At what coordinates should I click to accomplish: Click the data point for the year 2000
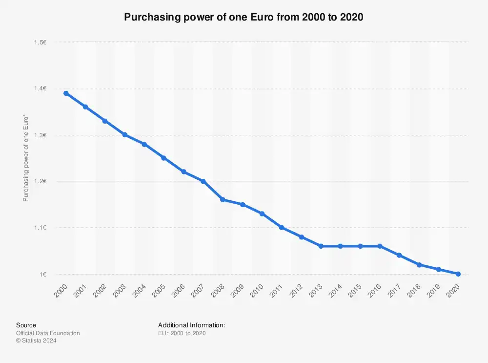click(66, 93)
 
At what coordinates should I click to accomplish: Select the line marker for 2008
click(223, 200)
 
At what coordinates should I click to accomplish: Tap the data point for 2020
click(458, 274)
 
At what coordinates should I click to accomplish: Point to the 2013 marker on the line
click(321, 246)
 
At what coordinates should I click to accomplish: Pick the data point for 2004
click(144, 144)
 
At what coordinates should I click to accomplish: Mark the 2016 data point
click(380, 246)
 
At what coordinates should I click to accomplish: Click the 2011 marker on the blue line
click(282, 228)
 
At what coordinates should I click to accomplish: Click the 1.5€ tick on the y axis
click(40, 43)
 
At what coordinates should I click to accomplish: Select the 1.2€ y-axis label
click(40, 181)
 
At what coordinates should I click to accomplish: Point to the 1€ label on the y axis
click(43, 274)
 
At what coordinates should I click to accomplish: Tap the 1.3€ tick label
click(40, 135)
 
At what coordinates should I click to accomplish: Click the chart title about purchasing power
click(244, 18)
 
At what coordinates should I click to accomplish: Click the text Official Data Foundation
click(48, 333)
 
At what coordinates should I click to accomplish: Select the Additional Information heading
click(191, 325)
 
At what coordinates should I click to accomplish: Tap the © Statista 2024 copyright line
click(36, 341)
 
